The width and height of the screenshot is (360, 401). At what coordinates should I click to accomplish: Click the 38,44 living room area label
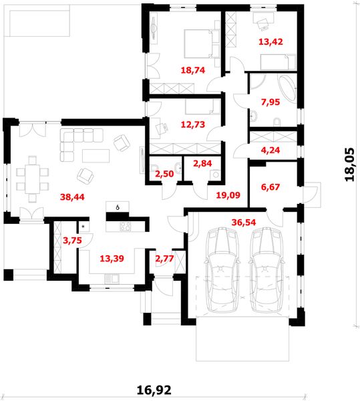click(x=72, y=197)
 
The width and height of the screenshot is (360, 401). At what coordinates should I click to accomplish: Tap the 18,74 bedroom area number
click(x=193, y=70)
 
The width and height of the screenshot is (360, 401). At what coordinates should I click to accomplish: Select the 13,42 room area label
click(x=271, y=41)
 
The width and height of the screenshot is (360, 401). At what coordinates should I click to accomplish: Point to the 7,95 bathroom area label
click(x=271, y=102)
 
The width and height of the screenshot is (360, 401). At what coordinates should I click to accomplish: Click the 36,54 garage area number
click(x=244, y=223)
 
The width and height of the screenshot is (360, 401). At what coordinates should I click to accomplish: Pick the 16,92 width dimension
click(x=154, y=390)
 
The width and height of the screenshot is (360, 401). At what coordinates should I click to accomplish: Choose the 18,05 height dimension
click(x=350, y=164)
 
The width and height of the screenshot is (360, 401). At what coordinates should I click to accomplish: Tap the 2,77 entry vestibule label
click(x=164, y=259)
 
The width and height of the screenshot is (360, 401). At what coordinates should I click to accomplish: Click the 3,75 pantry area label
click(x=72, y=241)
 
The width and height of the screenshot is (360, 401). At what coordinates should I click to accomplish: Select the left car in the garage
click(x=222, y=270)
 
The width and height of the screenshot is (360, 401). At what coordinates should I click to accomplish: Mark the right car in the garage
click(x=266, y=270)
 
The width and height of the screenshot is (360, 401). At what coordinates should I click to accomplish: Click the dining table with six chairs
click(x=32, y=179)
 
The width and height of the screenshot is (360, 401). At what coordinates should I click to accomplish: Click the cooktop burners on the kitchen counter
click(x=125, y=227)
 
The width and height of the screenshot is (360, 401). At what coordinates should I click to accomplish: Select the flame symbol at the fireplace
click(x=118, y=207)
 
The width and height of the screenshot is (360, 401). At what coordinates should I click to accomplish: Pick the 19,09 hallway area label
click(x=228, y=195)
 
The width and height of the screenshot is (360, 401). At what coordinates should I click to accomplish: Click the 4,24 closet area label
click(x=271, y=150)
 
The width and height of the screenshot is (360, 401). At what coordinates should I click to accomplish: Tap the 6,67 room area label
click(x=271, y=187)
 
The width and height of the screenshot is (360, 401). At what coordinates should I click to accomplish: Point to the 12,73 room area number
click(x=193, y=124)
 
